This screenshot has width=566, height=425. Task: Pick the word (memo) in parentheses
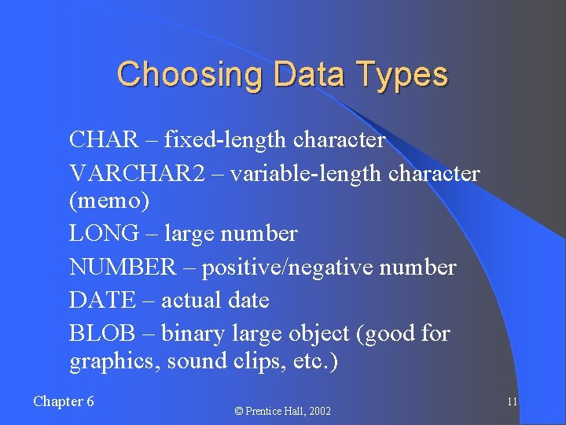click(109, 201)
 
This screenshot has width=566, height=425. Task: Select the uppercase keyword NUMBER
click(123, 268)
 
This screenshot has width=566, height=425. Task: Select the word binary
click(194, 334)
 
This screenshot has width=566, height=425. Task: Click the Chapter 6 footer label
click(64, 401)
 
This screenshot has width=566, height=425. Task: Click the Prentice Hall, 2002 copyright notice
click(284, 411)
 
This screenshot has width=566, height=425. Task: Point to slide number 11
click(512, 402)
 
